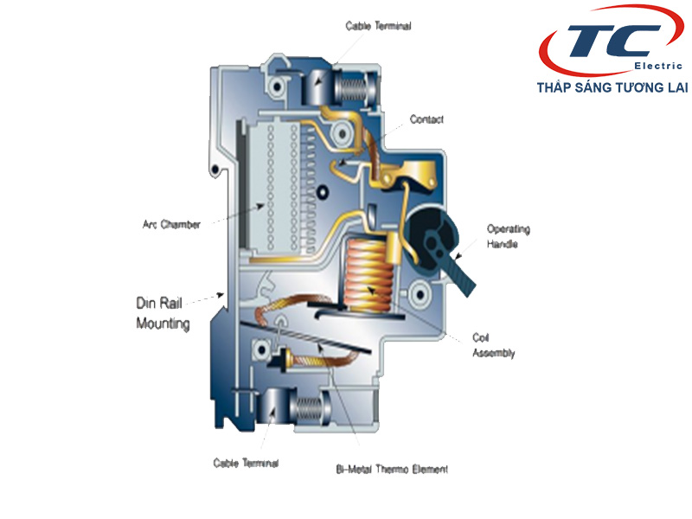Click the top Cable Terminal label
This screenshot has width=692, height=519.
(x=378, y=26)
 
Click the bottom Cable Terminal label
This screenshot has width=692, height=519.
(x=246, y=463)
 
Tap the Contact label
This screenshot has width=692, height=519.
(x=426, y=119)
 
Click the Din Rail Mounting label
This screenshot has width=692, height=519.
(x=163, y=313)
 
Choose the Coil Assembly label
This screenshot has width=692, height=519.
(x=493, y=345)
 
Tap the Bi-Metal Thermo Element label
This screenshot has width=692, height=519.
(x=392, y=470)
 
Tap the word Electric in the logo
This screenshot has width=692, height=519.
(x=658, y=66)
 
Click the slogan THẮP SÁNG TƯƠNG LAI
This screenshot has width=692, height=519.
(x=612, y=87)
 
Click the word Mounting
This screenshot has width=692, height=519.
(x=163, y=324)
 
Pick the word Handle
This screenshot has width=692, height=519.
(x=503, y=245)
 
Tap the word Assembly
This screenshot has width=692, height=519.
(x=493, y=353)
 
